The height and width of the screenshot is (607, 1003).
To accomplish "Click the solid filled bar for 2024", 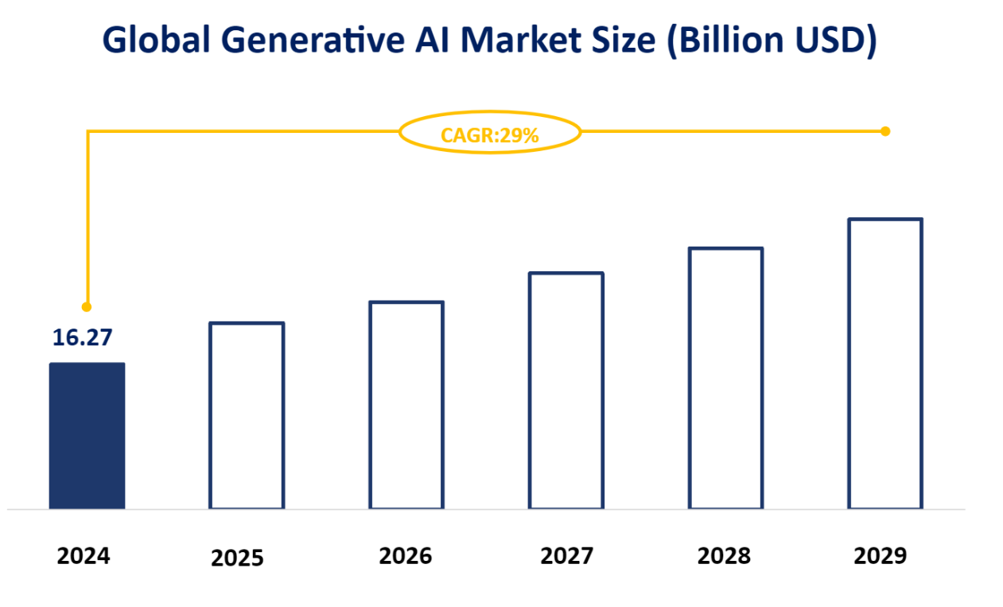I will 87,435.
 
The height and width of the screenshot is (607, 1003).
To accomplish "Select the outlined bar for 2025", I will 247,415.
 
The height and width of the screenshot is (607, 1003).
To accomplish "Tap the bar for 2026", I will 406,405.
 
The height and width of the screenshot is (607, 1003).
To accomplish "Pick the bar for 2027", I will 566,391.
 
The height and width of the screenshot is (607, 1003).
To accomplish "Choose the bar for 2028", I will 725,378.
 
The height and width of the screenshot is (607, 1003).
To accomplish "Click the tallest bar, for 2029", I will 885,364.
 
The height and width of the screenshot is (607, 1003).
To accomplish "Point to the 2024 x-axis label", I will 84,555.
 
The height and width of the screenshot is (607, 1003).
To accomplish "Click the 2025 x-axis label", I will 237,558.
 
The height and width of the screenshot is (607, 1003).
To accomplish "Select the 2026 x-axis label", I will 405,555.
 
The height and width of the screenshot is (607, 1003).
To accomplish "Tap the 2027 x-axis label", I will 566,555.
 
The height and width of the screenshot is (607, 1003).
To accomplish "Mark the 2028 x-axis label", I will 724,555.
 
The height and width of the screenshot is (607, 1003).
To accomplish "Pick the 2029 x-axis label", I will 880,555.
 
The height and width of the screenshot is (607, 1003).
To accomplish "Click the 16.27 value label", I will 83,337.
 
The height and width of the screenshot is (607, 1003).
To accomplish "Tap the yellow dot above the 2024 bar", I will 87,306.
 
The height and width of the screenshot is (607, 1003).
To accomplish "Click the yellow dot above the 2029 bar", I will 885,130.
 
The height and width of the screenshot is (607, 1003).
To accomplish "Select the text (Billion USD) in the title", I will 770,41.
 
